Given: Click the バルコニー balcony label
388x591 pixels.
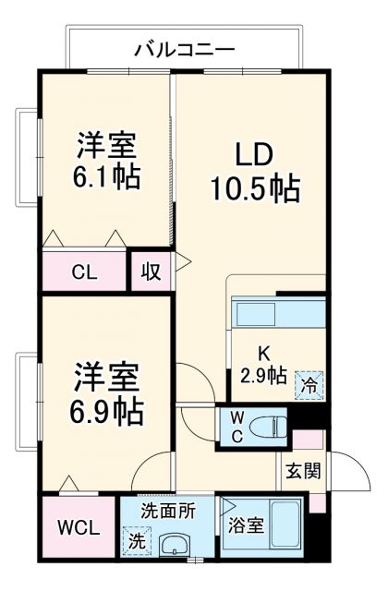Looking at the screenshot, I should (185, 48).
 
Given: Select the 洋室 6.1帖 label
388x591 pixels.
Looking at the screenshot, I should (107, 161).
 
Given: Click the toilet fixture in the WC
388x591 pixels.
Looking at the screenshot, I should (268, 427).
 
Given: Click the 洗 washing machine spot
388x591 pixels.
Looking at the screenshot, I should (136, 540).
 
